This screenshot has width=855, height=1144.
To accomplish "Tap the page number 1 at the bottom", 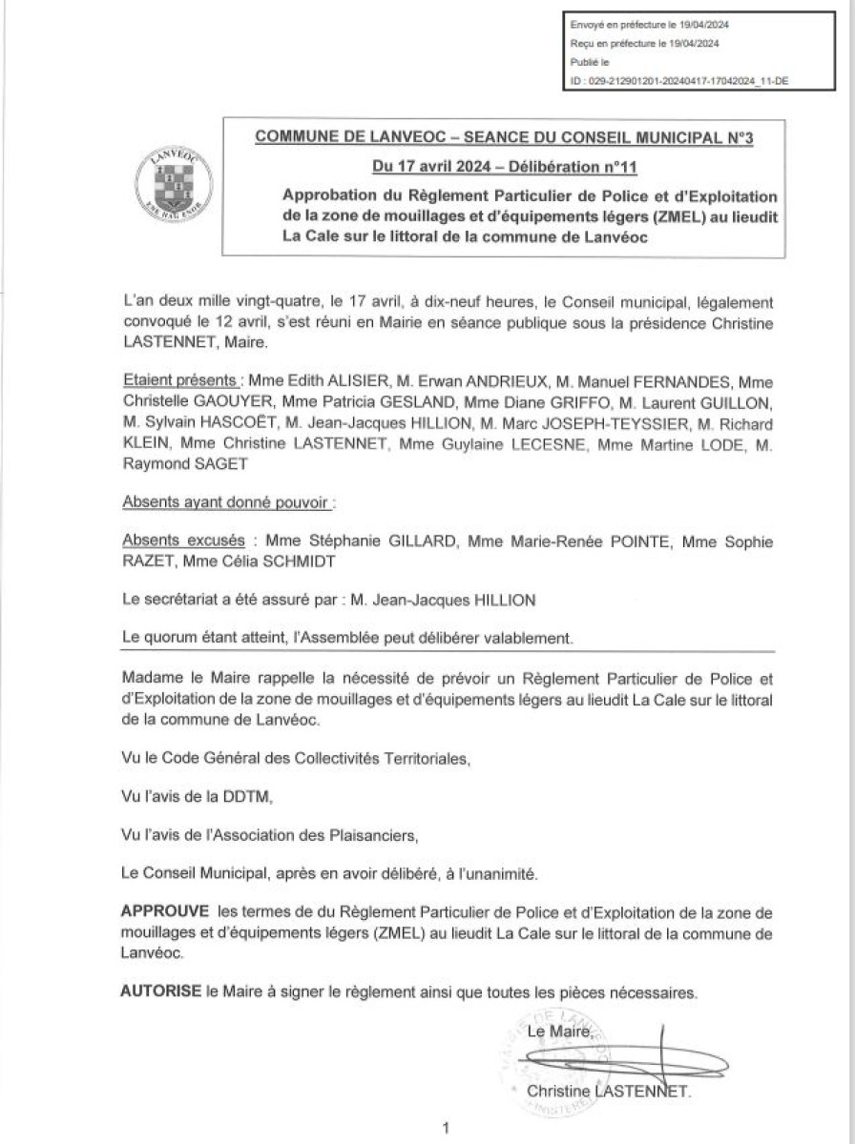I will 446,1128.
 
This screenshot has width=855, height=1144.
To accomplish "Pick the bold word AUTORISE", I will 160,991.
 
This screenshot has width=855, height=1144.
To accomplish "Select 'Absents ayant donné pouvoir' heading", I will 228,501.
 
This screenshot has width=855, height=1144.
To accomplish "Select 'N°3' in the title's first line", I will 736,137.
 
